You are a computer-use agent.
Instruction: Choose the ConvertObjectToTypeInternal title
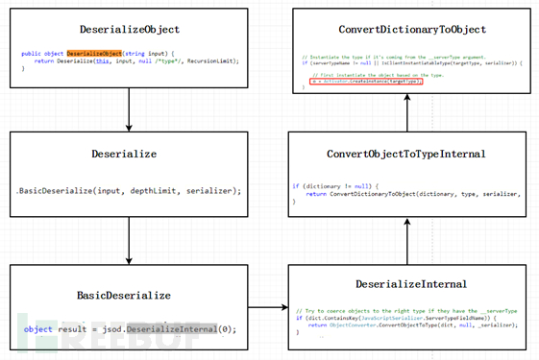pyautogui.click(x=404, y=154)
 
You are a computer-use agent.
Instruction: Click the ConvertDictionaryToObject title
pyautogui.click(x=404, y=30)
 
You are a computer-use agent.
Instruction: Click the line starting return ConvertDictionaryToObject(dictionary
pyautogui.click(x=413, y=193)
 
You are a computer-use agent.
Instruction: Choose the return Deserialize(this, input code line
pyautogui.click(x=135, y=61)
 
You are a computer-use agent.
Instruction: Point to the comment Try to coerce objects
pyautogui.click(x=408, y=311)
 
